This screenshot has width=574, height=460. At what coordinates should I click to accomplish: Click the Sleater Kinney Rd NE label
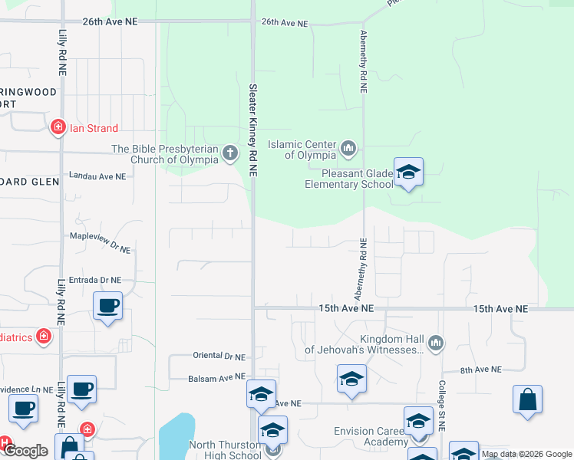click(x=252, y=130)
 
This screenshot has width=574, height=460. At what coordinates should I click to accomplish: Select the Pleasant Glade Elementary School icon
click(x=408, y=172)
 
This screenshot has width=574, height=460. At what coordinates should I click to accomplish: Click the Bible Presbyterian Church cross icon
click(x=230, y=154)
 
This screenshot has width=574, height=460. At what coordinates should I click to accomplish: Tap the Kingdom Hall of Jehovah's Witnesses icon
click(x=436, y=342)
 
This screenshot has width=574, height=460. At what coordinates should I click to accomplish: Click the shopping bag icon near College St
click(x=527, y=399)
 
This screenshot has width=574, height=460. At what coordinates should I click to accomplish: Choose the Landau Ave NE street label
click(x=97, y=176)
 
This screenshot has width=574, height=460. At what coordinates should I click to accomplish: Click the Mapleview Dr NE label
click(x=101, y=238)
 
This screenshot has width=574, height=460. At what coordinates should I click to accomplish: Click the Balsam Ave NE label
click(x=217, y=377)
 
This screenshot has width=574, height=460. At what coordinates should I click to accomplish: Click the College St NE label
click(x=443, y=404)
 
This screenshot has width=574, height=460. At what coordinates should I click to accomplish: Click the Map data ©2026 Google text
click(x=526, y=455)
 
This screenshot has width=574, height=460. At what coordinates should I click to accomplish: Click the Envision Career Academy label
click(x=370, y=436)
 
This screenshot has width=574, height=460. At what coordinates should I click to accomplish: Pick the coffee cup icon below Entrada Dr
click(x=107, y=306)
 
